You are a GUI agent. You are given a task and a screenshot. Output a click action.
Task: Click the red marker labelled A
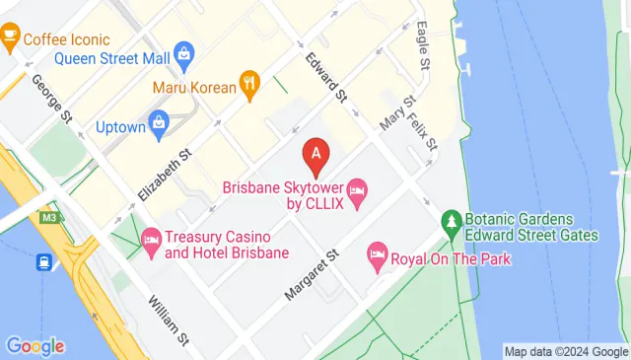coord(315,154)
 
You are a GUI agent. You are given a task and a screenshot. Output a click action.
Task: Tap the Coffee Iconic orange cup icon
coord(11,39)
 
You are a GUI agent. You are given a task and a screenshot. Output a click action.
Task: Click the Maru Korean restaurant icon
coord(250,86)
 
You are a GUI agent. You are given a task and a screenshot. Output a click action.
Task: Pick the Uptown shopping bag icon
coord(158,125)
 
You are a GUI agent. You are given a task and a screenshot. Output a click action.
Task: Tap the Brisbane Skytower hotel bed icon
coord(357,187)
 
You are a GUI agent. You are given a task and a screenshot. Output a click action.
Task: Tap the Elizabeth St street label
coord(164,170)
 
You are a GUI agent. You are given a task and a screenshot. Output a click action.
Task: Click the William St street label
coord(170,322)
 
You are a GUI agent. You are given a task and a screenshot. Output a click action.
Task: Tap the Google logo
coord(35,346)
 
